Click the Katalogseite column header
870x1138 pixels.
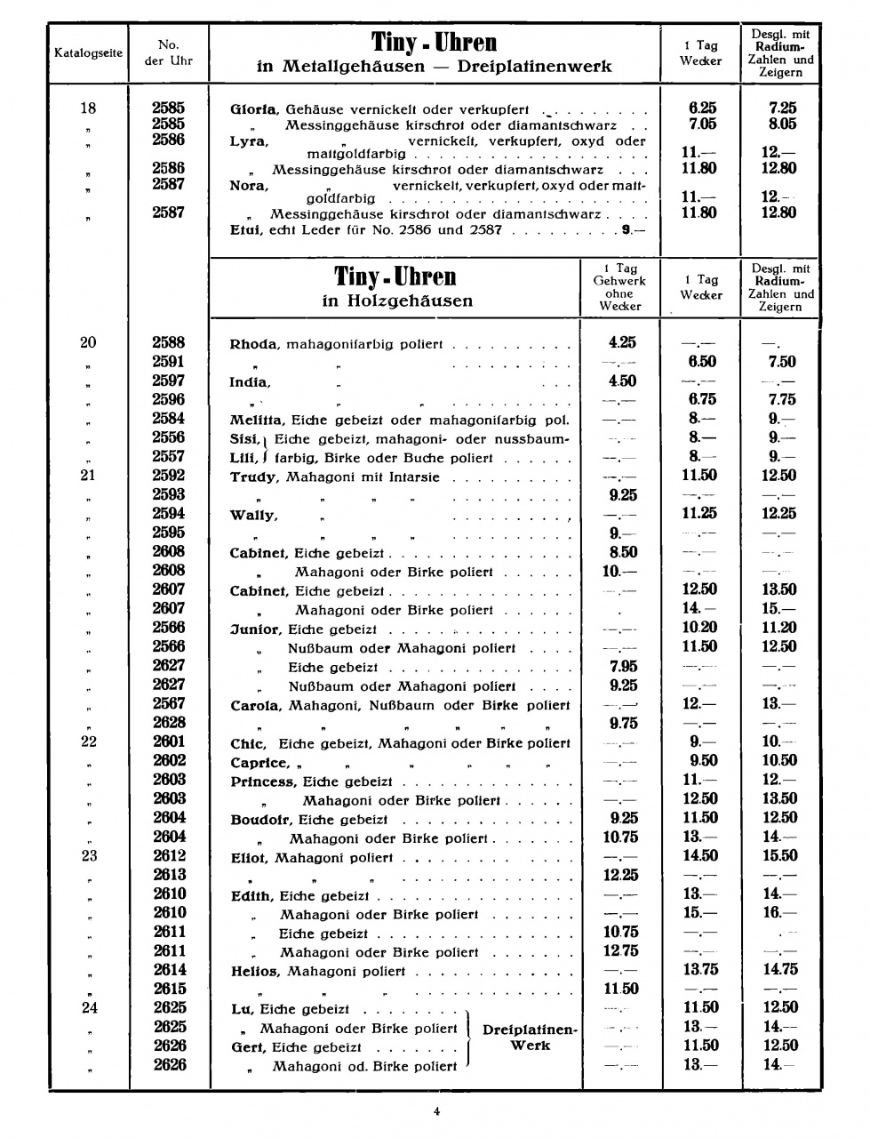[x=88, y=52]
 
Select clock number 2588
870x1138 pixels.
[x=168, y=342]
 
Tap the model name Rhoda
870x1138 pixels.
[x=254, y=344]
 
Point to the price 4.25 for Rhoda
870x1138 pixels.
[x=622, y=342]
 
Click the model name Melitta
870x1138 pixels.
[x=256, y=420]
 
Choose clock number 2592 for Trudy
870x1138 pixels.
[x=168, y=475]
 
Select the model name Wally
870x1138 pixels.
[x=253, y=515]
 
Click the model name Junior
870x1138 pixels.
[x=254, y=629]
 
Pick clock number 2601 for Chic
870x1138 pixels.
[x=168, y=741]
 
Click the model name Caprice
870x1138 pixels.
[x=259, y=763]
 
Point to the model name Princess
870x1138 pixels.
[x=263, y=781]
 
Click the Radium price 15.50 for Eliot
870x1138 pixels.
[x=780, y=855]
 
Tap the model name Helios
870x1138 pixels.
[x=255, y=971]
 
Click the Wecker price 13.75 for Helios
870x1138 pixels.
[x=699, y=970]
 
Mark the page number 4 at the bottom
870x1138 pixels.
[x=436, y=1110]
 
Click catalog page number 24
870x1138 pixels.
[x=88, y=1007]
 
